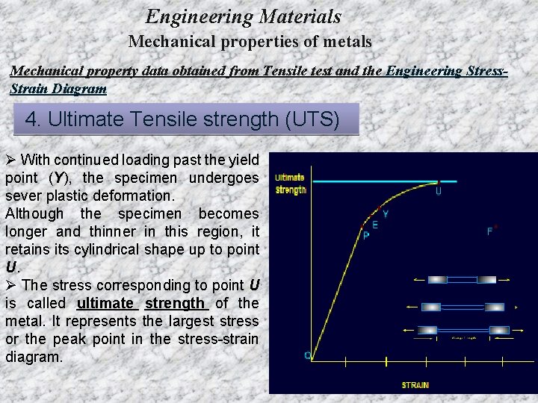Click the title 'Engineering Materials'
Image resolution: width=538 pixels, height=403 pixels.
tap(243, 16)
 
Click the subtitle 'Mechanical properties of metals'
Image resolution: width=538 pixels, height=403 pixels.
tap(250, 42)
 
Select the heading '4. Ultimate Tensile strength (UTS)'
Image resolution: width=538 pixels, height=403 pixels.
tap(182, 119)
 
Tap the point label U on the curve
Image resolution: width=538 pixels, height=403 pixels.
tap(438, 191)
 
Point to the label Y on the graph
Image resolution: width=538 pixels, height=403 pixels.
tap(385, 213)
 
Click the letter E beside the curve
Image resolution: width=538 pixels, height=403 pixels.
tap(375, 225)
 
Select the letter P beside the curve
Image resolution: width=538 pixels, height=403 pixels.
tap(365, 234)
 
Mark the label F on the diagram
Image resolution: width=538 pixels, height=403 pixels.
tap(490, 231)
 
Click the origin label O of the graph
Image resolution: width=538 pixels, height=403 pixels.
tap(307, 355)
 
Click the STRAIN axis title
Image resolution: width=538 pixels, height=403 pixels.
tap(415, 385)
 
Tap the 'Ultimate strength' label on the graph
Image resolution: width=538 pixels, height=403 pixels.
tap(290, 184)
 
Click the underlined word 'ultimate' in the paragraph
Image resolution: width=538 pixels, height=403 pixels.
tap(105, 303)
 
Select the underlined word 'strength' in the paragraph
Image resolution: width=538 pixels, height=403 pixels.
tap(176, 303)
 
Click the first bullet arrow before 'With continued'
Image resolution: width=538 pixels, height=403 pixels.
tap(10, 160)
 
